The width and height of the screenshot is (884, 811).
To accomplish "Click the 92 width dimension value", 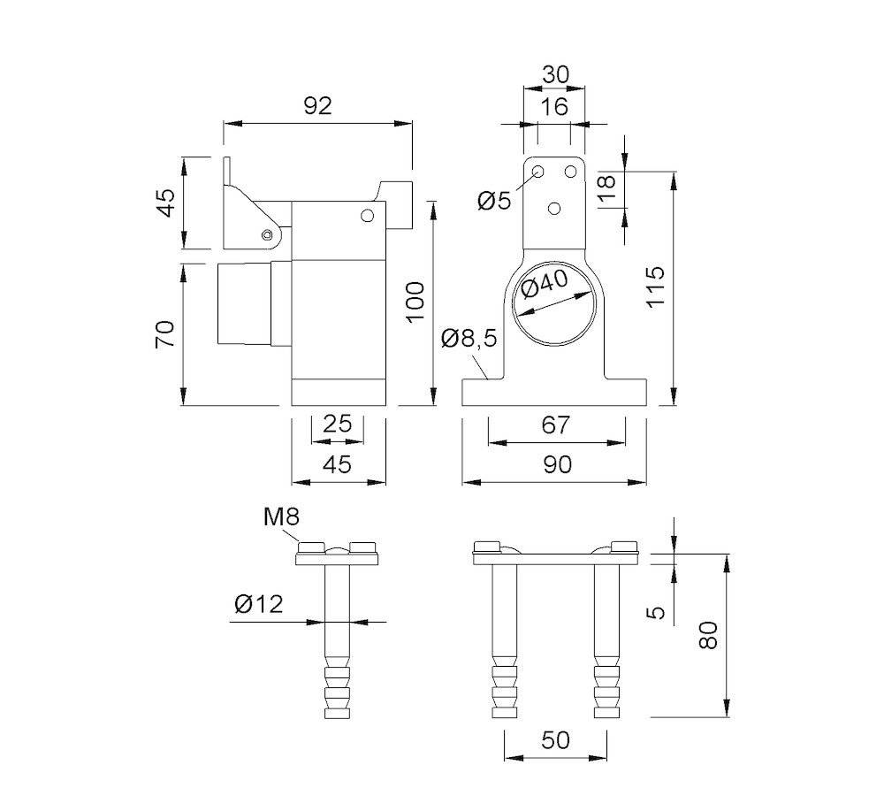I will (316, 105).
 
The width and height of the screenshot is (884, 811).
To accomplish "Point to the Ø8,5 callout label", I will (469, 338).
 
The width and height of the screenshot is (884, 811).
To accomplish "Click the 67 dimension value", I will (556, 425).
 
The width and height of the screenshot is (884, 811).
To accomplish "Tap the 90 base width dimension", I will (556, 464).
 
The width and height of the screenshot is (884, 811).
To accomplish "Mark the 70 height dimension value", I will (165, 334).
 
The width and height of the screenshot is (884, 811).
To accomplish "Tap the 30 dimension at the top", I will (554, 75).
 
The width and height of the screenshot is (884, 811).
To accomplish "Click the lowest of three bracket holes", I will (554, 209).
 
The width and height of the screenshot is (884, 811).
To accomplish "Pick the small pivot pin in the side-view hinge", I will (267, 234).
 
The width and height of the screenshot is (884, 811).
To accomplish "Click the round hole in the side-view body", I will (367, 214).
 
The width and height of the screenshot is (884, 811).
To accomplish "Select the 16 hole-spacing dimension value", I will (554, 108).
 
